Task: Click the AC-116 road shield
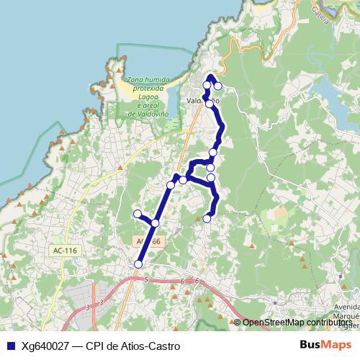click(x=65, y=251)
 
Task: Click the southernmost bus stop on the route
click(x=138, y=264)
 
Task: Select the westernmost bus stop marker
click(x=138, y=213)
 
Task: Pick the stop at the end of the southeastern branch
click(x=207, y=218)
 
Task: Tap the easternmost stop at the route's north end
click(x=217, y=86)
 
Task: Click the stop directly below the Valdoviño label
click(x=209, y=104)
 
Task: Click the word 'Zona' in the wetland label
click(x=135, y=79)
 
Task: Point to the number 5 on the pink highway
click(x=145, y=279)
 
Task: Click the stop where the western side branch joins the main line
click(x=155, y=223)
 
